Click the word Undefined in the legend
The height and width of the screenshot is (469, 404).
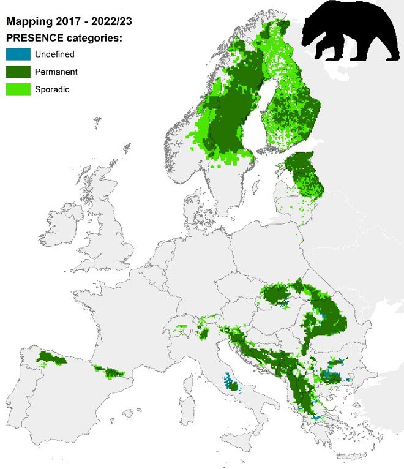click(x=54, y=54)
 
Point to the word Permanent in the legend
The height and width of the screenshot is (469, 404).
click(x=56, y=72)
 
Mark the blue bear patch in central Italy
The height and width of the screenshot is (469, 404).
click(x=229, y=383)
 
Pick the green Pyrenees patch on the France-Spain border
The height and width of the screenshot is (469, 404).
click(x=109, y=370)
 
